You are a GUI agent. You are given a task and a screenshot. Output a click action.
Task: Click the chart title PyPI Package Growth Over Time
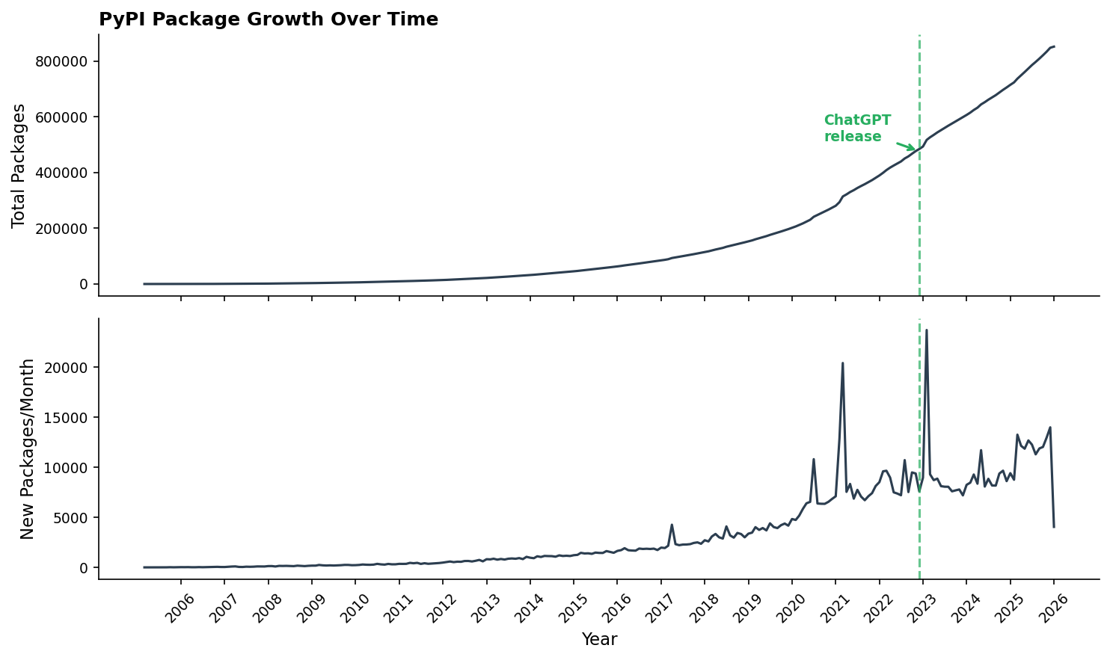pyautogui.click(x=269, y=19)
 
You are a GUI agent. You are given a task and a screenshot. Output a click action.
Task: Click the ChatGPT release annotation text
pyautogui.click(x=857, y=129)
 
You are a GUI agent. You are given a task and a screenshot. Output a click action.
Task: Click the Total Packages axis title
pyautogui.click(x=19, y=165)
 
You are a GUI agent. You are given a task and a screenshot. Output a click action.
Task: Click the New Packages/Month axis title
pyautogui.click(x=28, y=448)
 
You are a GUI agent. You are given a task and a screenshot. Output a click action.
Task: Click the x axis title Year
pyautogui.click(x=599, y=640)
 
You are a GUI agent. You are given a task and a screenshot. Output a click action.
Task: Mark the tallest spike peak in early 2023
pyautogui.click(x=927, y=330)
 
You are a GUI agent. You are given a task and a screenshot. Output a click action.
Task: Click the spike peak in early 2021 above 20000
pyautogui.click(x=843, y=363)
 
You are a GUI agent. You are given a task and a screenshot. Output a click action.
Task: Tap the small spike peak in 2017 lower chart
pyautogui.click(x=672, y=525)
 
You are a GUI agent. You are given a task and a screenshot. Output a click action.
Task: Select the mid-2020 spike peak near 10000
pyautogui.click(x=814, y=459)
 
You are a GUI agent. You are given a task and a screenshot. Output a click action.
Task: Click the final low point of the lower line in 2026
pyautogui.click(x=1054, y=527)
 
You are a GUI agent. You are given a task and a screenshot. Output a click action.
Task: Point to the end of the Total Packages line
pyautogui.click(x=1054, y=46)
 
